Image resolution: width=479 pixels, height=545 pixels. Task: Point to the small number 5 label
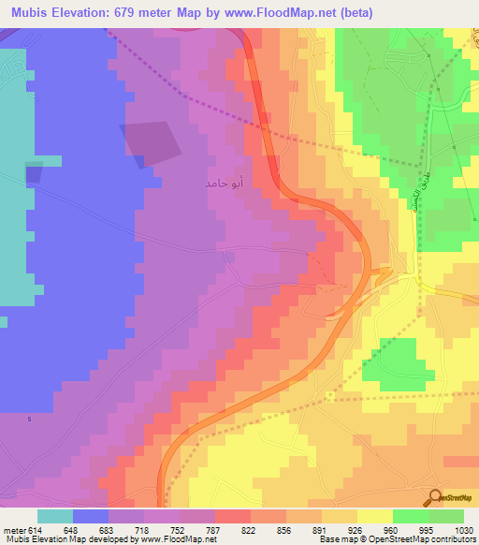click(x=29, y=419)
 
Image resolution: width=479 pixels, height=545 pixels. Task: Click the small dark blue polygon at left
click(x=34, y=172)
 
